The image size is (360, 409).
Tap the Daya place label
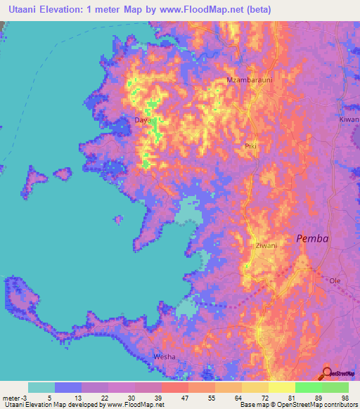click(142, 120)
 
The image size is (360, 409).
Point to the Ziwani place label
click(266, 245)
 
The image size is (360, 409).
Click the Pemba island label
click(312, 238)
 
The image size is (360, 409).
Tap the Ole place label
click(335, 280)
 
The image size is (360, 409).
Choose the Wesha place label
click(164, 357)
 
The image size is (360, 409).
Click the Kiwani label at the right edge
click(349, 120)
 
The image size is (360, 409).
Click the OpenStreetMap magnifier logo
click(328, 372)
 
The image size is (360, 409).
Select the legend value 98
click(345, 397)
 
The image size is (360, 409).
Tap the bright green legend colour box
click(308, 387)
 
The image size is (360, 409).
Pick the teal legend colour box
click(41, 387)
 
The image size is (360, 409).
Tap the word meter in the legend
click(11, 397)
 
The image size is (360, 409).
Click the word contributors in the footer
click(340, 405)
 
